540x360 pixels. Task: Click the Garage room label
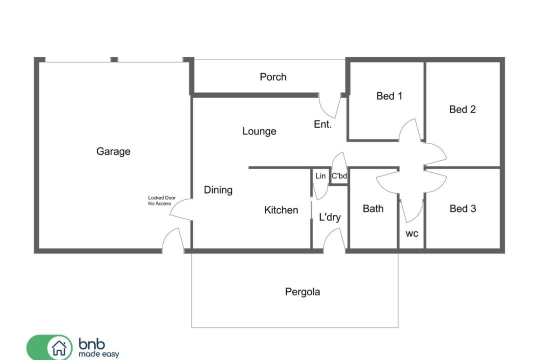point(113,151)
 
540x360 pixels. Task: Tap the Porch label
point(273,77)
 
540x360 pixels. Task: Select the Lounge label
point(259,131)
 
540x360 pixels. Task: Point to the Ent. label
point(322,124)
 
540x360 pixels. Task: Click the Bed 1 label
point(389,96)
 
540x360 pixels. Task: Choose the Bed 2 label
point(462,109)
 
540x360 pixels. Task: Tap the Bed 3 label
point(463,208)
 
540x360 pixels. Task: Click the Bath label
point(373,208)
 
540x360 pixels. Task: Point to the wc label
point(412,234)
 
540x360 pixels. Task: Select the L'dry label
point(330,217)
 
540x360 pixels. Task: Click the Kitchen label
point(281,210)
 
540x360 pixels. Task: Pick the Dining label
point(218,190)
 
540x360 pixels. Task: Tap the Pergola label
point(302,292)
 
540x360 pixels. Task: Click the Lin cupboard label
point(320,176)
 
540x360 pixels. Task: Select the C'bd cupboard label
point(339,175)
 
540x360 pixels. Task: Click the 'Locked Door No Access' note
point(161,200)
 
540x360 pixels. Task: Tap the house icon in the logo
point(59,347)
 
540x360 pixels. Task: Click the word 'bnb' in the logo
point(92,343)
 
